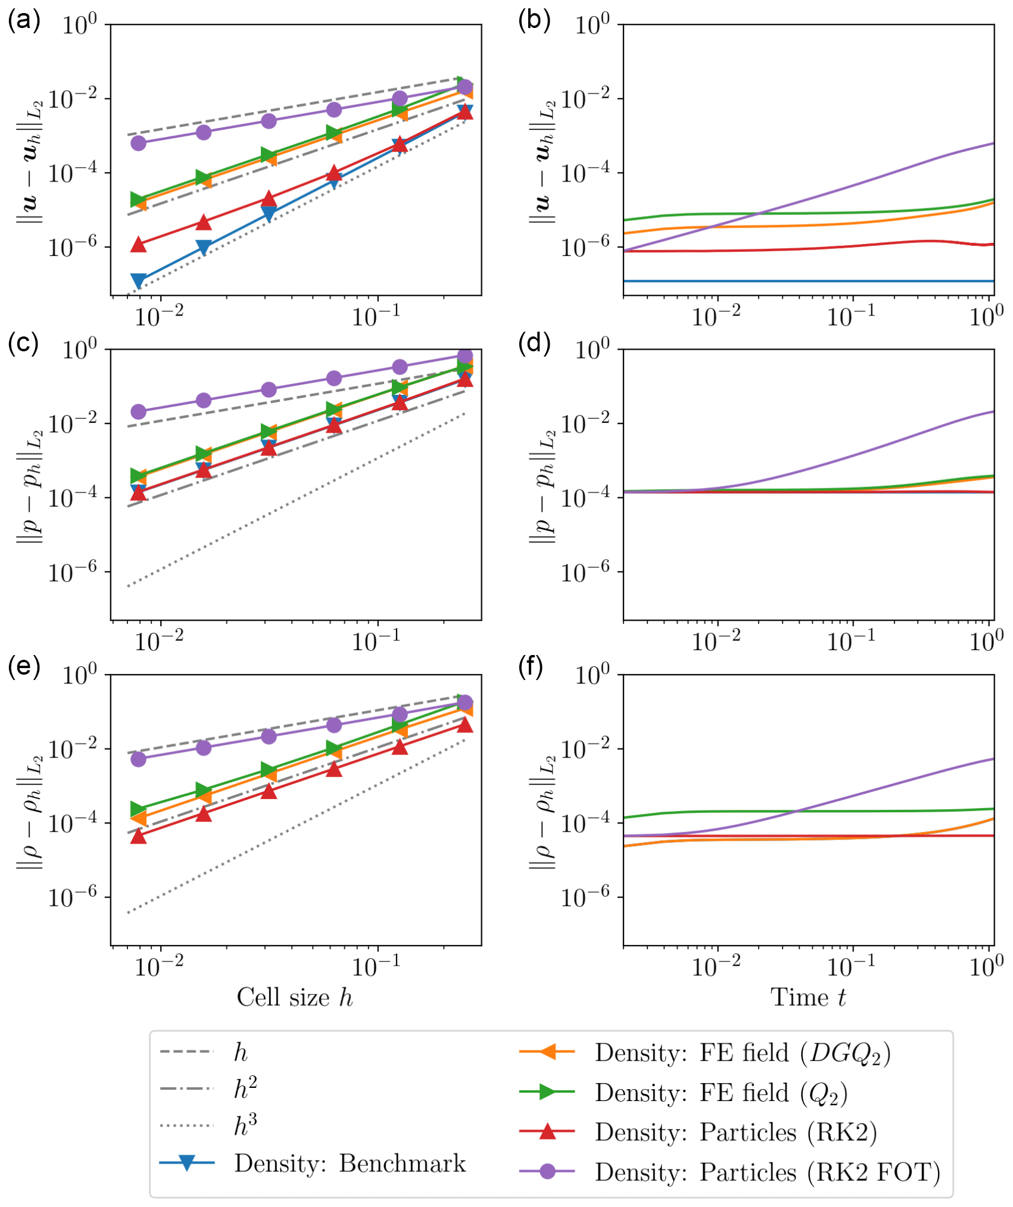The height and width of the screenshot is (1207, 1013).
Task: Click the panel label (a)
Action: pyautogui.click(x=24, y=20)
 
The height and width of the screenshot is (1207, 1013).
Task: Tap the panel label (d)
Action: pyautogui.click(x=534, y=344)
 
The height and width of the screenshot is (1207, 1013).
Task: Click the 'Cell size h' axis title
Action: pyautogui.click(x=295, y=998)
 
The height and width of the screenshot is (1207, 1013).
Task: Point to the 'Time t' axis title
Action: pyautogui.click(x=808, y=998)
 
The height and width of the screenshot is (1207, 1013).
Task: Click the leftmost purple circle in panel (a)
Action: pyautogui.click(x=138, y=143)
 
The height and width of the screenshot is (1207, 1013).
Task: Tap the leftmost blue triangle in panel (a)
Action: pyautogui.click(x=138, y=280)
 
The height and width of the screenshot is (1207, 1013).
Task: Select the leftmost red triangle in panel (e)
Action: pyautogui.click(x=138, y=836)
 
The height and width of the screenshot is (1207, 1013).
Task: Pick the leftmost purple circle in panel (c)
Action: pyautogui.click(x=138, y=411)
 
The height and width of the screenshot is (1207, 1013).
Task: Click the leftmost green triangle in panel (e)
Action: pyautogui.click(x=138, y=809)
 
